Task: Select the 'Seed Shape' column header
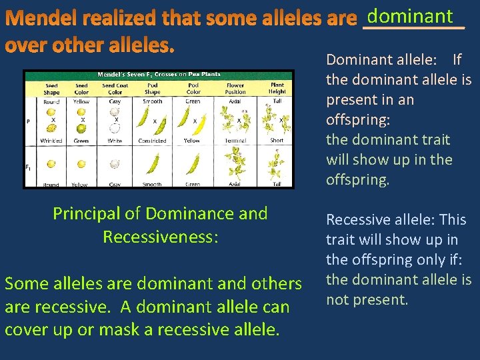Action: click(51, 89)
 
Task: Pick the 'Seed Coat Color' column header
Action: click(115, 89)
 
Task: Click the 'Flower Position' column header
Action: click(235, 89)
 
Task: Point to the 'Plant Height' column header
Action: click(277, 89)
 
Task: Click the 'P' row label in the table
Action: click(28, 121)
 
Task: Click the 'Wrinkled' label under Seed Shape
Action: click(51, 141)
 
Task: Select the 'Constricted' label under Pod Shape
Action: click(153, 141)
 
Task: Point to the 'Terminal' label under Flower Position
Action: click(235, 141)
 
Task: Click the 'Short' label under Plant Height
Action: click(277, 140)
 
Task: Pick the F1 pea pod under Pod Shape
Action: click(153, 163)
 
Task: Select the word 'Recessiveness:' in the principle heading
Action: click(160, 237)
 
